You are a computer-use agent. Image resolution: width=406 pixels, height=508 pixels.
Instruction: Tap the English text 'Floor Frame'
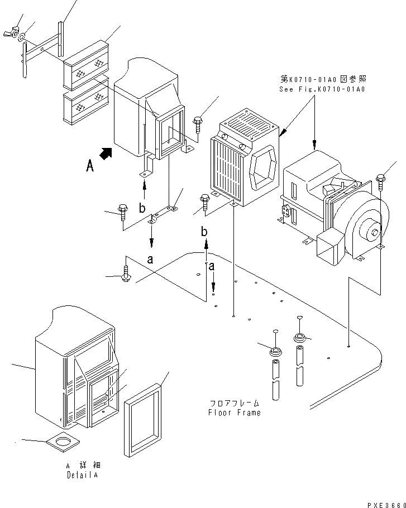coord(235,413)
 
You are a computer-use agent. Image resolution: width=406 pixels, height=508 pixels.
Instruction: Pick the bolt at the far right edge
coord(380,180)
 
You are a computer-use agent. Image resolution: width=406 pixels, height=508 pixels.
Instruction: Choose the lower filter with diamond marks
coord(85,106)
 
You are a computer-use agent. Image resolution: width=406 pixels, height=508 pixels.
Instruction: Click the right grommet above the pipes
coord(299,338)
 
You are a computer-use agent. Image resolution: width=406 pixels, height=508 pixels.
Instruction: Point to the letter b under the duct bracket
coord(143,208)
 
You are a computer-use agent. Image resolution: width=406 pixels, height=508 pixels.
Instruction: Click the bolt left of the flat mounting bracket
coord(123,213)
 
